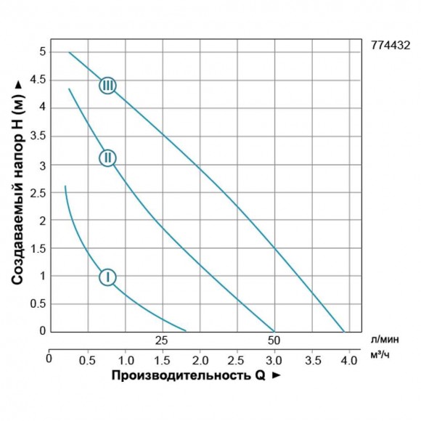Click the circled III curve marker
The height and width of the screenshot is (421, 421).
click(107, 86)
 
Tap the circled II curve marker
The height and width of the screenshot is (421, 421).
click(107, 158)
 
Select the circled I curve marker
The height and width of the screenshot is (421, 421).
click(107, 277)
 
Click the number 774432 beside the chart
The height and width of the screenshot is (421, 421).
click(391, 45)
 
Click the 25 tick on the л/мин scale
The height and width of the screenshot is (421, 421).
click(161, 340)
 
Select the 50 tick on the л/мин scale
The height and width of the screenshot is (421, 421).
click(274, 340)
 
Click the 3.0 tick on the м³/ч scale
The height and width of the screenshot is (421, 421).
click(274, 359)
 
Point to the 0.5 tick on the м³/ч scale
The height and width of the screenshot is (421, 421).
click(87, 359)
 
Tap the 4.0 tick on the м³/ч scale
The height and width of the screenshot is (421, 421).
click(349, 359)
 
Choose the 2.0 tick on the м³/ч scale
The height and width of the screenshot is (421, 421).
click(200, 359)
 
